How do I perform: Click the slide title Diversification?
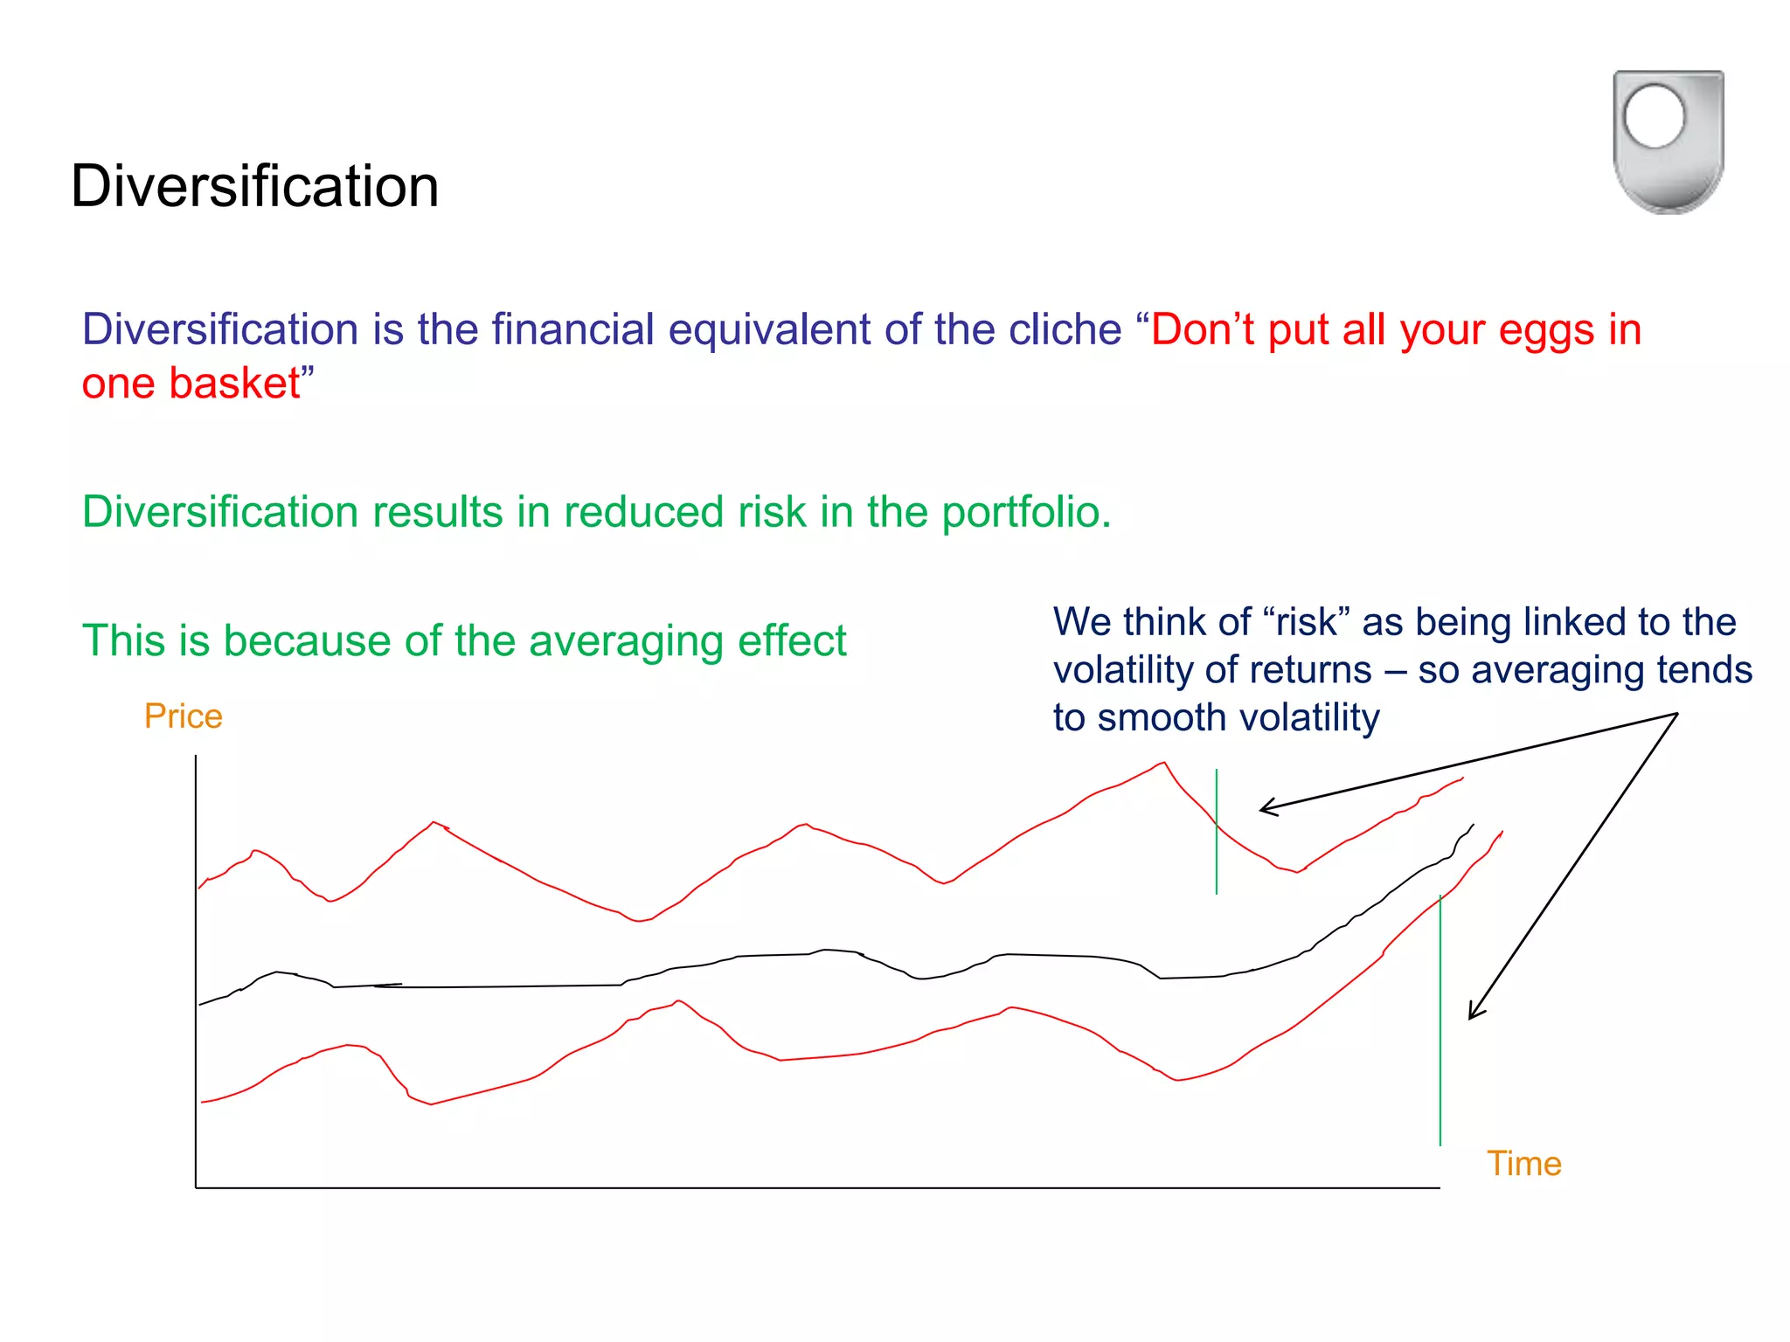click(x=254, y=186)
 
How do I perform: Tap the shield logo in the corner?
click(x=1668, y=142)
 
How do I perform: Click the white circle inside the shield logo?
click(x=1654, y=117)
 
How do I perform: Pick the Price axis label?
click(x=183, y=716)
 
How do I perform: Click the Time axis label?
click(x=1523, y=1164)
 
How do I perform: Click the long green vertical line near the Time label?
click(x=1440, y=1048)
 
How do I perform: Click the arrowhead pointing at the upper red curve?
click(x=1265, y=808)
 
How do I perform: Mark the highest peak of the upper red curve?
click(x=1164, y=763)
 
